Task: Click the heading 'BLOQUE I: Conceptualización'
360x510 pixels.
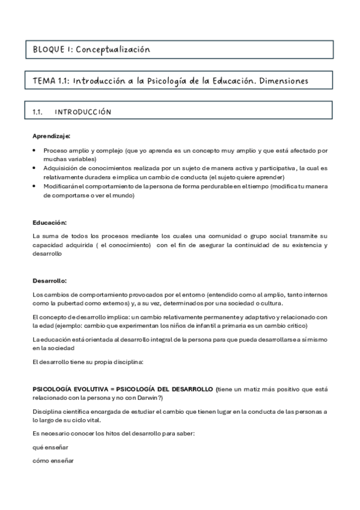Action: [88, 49]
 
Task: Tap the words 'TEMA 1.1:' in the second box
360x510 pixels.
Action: [50, 81]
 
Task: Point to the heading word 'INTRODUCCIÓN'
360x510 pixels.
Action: [82, 112]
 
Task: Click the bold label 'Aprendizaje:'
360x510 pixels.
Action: [51, 136]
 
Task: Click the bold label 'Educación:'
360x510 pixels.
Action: [49, 223]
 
